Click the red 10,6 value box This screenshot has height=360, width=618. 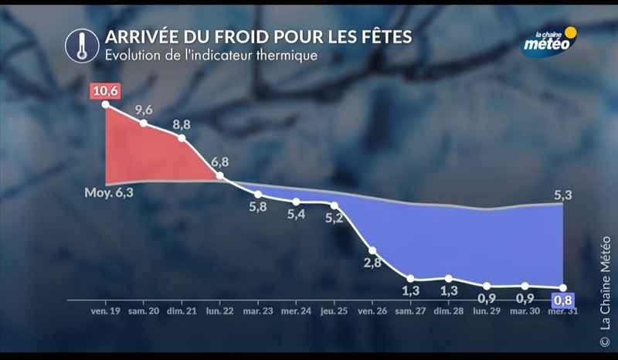105,93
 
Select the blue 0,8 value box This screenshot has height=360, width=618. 564,300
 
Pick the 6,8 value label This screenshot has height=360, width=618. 220,162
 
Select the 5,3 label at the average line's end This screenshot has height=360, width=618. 562,195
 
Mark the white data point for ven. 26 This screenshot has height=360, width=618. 373,250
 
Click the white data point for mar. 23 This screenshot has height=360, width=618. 258,194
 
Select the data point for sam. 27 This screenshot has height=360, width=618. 411,279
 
